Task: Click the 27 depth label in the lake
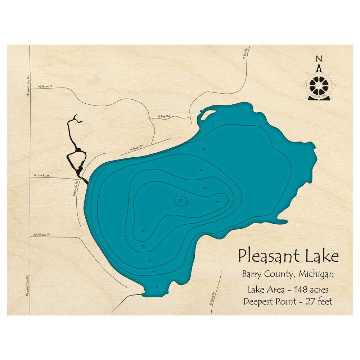[x=181, y=201]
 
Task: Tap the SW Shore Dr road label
[x=41, y=235]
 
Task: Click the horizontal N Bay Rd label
[x=163, y=117]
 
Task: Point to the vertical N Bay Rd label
[x=245, y=53]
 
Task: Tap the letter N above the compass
[x=319, y=59]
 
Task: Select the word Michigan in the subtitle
[x=315, y=274]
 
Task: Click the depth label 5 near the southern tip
[x=157, y=287]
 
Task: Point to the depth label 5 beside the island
[x=213, y=123]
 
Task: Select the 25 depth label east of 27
[x=217, y=202]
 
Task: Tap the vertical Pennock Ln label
[x=76, y=188]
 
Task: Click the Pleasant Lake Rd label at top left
[x=27, y=86]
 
